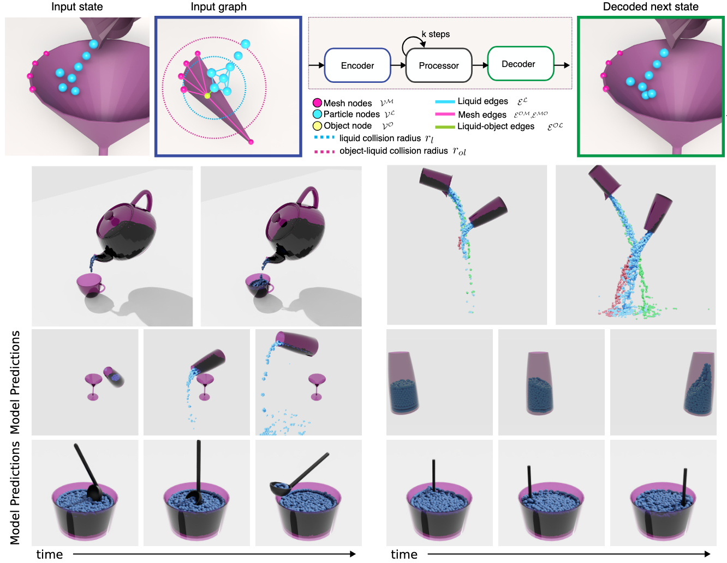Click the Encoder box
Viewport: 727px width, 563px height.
(x=357, y=65)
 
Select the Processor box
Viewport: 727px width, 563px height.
(x=439, y=65)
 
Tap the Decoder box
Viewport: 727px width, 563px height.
(x=520, y=64)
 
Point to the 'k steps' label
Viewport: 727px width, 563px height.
(x=436, y=34)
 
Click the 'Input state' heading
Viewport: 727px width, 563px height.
(x=77, y=7)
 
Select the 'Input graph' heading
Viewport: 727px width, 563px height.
(x=218, y=7)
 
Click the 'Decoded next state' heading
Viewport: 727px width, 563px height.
(x=651, y=7)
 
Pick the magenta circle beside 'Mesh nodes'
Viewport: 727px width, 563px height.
(x=317, y=103)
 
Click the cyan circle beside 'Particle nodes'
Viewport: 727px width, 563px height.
(x=317, y=114)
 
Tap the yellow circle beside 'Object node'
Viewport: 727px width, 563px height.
(x=317, y=126)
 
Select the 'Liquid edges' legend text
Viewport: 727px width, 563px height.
(x=482, y=101)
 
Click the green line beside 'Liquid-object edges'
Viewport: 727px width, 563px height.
(x=445, y=127)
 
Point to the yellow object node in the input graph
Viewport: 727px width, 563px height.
(x=207, y=96)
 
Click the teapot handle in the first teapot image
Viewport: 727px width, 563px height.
(x=142, y=199)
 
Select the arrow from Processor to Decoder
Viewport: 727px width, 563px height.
(x=480, y=65)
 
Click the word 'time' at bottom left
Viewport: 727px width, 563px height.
(x=50, y=554)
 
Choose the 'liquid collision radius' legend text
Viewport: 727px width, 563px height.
(x=380, y=138)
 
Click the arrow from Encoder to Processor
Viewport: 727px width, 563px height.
(x=398, y=65)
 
